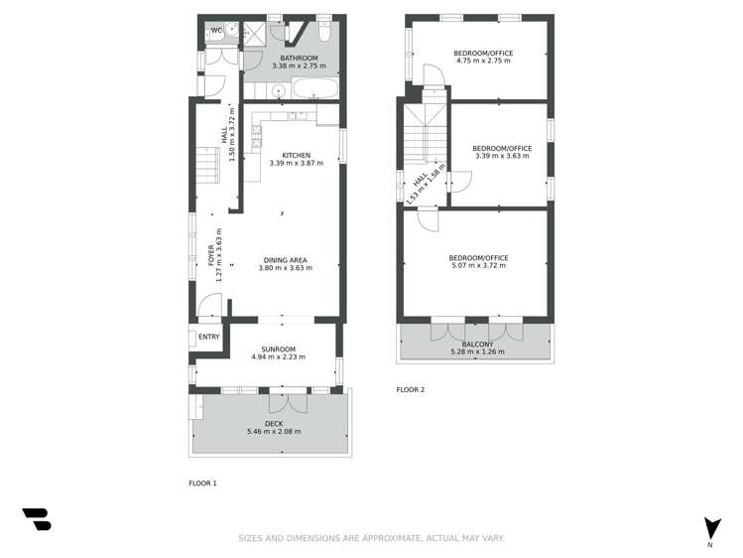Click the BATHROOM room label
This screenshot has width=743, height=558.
pos(299,59)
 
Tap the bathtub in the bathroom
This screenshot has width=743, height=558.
pos(315,90)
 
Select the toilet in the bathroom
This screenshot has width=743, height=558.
pos(323,32)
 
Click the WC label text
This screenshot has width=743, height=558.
pos(216,30)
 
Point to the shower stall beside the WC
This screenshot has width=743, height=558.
pos(255,33)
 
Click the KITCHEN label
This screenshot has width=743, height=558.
pos(297,155)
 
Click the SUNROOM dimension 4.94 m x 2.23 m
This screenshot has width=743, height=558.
pos(279,357)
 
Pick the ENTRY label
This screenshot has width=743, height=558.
pos(209,337)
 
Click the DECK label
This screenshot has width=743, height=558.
pos(274,423)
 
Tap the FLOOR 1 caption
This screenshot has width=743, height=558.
pos(202,484)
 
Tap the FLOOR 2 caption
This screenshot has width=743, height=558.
pos(410,390)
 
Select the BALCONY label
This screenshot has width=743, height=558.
pos(477,344)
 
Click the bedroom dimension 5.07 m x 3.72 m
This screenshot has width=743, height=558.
pos(478,266)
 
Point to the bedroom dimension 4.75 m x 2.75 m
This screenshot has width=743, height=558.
pos(481,61)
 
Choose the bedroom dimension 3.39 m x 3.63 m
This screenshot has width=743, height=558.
pos(502,157)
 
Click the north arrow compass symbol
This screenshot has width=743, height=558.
pos(710,528)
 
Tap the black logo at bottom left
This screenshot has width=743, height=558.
pos(36,519)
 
